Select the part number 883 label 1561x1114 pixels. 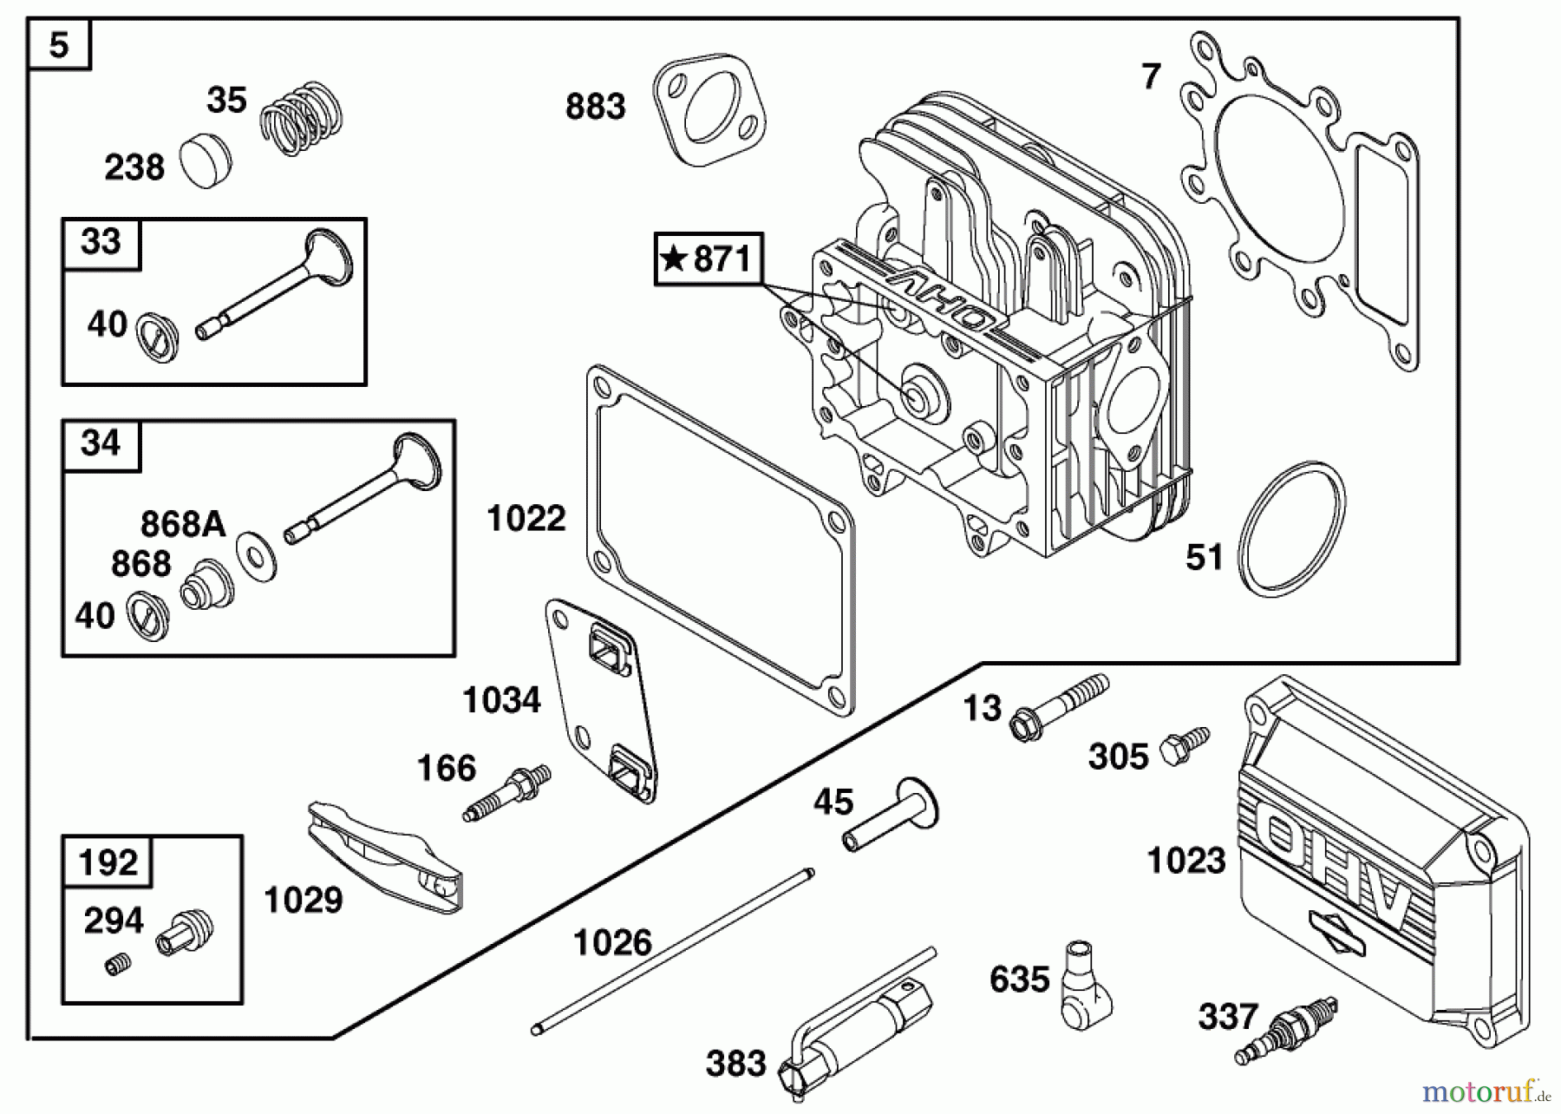(595, 108)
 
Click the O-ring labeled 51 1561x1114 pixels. (1292, 528)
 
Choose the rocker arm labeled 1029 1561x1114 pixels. (385, 856)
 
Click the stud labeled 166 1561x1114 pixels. (507, 791)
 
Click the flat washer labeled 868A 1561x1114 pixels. (257, 555)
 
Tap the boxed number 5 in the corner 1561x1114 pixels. (59, 44)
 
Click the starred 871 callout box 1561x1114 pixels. (709, 259)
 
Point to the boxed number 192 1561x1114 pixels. (108, 862)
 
